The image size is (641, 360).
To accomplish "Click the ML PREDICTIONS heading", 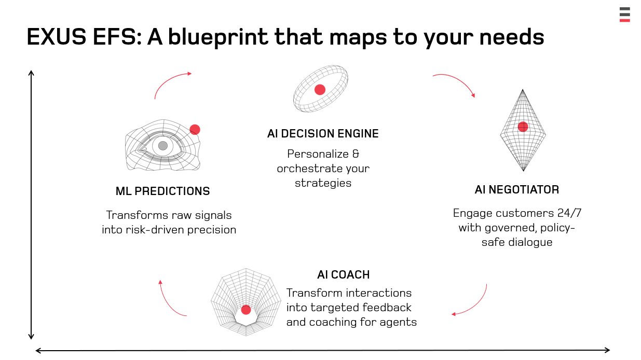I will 162,191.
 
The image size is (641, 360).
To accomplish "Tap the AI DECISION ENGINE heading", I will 323,134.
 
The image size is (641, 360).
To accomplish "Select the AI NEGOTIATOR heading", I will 516,190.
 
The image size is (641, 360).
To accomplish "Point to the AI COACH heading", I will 344,275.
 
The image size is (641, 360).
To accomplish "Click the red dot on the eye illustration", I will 195,130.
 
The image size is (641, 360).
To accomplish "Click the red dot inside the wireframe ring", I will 320,90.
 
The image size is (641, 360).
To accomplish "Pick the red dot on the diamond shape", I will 523,127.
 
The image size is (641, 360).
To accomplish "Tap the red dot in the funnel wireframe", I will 246,310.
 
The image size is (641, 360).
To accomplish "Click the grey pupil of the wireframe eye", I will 163,146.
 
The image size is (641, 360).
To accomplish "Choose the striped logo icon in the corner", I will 624,15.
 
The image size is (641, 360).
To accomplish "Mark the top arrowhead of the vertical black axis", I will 31,73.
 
